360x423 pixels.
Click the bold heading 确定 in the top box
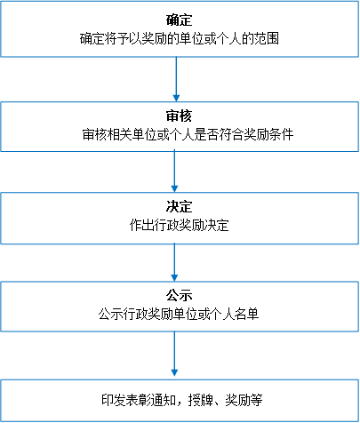(180, 20)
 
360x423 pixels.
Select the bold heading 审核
(180, 116)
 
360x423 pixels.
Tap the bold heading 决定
(180, 206)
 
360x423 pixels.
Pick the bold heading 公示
(180, 295)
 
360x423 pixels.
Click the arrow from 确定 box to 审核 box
(176, 79)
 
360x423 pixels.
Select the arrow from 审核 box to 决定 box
(174, 172)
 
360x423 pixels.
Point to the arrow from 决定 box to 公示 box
(174, 262)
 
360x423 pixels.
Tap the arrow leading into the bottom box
(174, 354)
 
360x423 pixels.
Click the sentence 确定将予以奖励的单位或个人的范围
(180, 38)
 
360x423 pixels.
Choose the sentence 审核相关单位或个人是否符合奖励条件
(188, 134)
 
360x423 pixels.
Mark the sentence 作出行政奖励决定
(180, 225)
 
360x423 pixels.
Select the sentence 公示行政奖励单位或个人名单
(179, 314)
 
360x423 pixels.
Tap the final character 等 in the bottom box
(256, 400)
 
